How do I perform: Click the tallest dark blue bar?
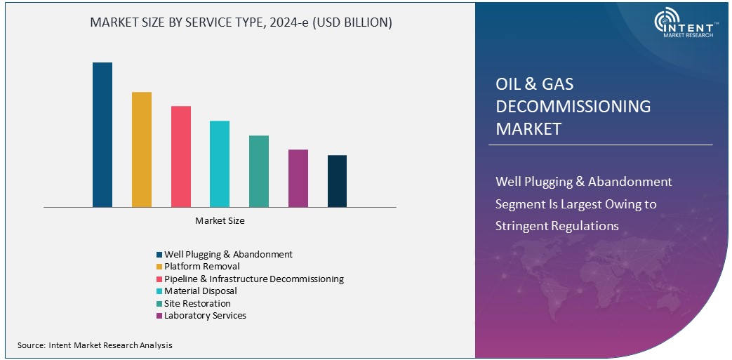click(x=102, y=135)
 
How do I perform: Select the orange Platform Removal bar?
click(x=142, y=149)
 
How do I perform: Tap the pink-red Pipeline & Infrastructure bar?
click(x=181, y=156)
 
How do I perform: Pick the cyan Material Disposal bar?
click(x=220, y=164)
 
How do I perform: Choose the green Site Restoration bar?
click(x=259, y=171)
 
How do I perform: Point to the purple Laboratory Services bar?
click(x=298, y=178)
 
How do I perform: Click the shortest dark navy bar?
click(x=337, y=181)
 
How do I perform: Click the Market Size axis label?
click(x=220, y=221)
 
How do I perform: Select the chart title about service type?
click(x=241, y=22)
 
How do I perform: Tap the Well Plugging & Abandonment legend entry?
click(x=227, y=255)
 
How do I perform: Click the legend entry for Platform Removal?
click(x=201, y=267)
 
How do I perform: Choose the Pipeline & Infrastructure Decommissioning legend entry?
click(x=253, y=279)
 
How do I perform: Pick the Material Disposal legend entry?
click(x=200, y=291)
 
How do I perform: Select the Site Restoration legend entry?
click(x=197, y=304)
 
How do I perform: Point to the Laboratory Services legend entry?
click(x=205, y=316)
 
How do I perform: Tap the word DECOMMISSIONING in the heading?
click(x=573, y=107)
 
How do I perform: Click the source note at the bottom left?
click(x=95, y=345)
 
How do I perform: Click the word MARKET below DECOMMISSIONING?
click(x=528, y=129)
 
